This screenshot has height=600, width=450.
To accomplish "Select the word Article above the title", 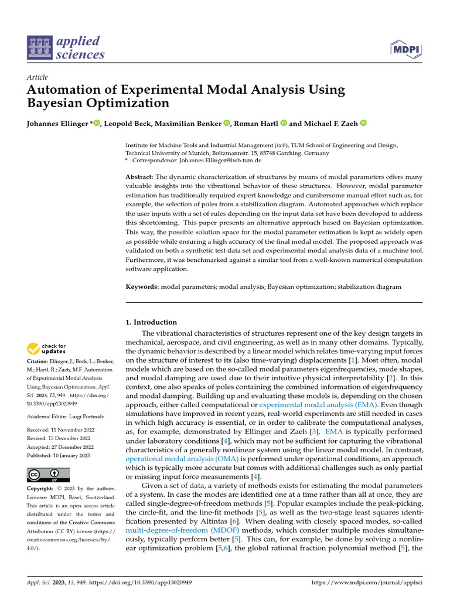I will coord(37,77).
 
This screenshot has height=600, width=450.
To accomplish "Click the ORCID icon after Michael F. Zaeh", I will coord(363,123).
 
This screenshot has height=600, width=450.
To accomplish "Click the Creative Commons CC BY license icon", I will coord(48,475).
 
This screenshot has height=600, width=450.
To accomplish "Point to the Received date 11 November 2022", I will coord(60,429).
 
